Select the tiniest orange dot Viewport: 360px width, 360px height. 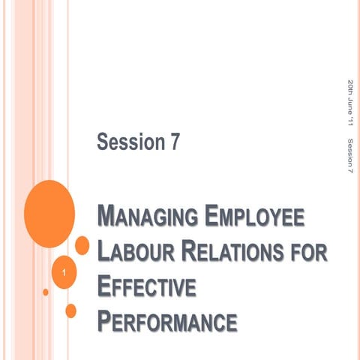46,292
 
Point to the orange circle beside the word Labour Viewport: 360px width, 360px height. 82,245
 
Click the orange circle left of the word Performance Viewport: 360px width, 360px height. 71,310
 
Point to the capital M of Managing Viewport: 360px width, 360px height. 108,220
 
